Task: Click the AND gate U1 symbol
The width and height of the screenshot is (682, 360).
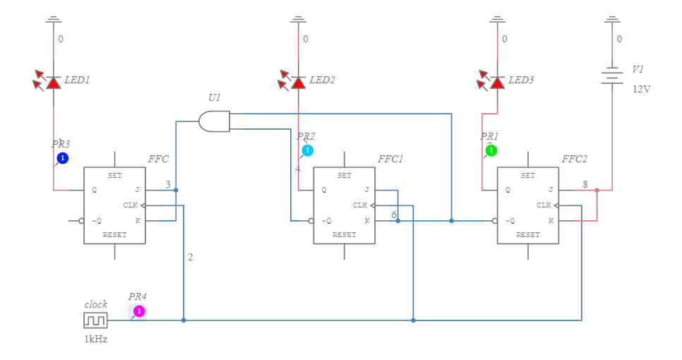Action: [x=215, y=121]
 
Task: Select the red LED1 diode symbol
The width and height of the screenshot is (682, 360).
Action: [x=54, y=83]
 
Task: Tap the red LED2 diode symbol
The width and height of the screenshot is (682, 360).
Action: [x=299, y=83]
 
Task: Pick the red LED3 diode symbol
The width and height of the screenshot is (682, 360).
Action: [x=497, y=83]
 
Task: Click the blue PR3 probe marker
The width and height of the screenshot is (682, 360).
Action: [x=62, y=158]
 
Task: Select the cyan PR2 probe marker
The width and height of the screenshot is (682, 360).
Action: [x=307, y=150]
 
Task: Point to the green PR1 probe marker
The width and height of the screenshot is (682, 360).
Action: [x=491, y=150]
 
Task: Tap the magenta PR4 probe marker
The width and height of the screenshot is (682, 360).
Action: [x=139, y=311]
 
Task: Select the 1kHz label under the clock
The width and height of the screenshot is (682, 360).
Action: [x=95, y=339]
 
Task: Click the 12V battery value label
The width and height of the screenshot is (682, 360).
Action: [x=640, y=90]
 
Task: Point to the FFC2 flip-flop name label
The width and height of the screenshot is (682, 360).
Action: [x=574, y=159]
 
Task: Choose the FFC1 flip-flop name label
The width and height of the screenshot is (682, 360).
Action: [x=390, y=159]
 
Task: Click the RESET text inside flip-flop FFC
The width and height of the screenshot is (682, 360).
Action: [x=114, y=234]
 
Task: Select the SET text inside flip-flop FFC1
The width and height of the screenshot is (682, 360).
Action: [x=344, y=176]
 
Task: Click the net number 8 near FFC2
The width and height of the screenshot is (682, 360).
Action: [x=585, y=184]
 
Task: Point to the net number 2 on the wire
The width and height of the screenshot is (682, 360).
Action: [x=190, y=257]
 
